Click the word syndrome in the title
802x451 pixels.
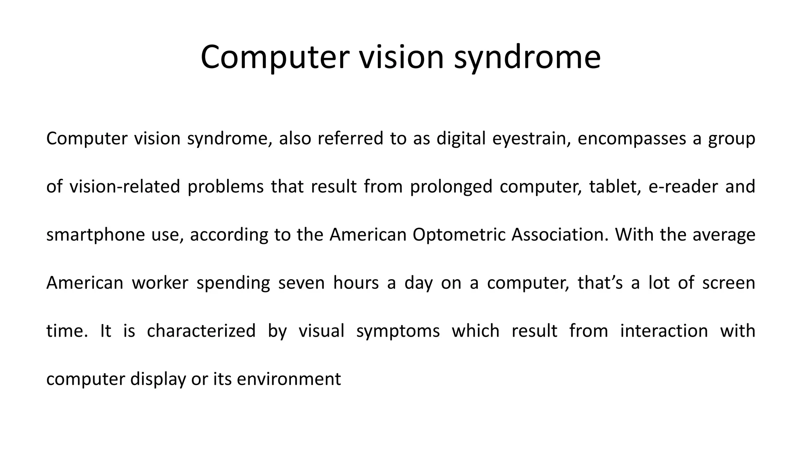coord(527,58)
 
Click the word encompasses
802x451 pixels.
coord(632,139)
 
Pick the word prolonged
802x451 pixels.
coord(451,187)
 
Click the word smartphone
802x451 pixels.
coord(96,235)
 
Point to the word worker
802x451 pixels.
coord(160,283)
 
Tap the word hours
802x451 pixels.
coord(356,283)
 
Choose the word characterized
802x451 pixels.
coord(201,331)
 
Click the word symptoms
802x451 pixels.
coord(398,331)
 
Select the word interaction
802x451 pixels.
coord(664,331)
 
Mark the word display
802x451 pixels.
coord(158,379)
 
